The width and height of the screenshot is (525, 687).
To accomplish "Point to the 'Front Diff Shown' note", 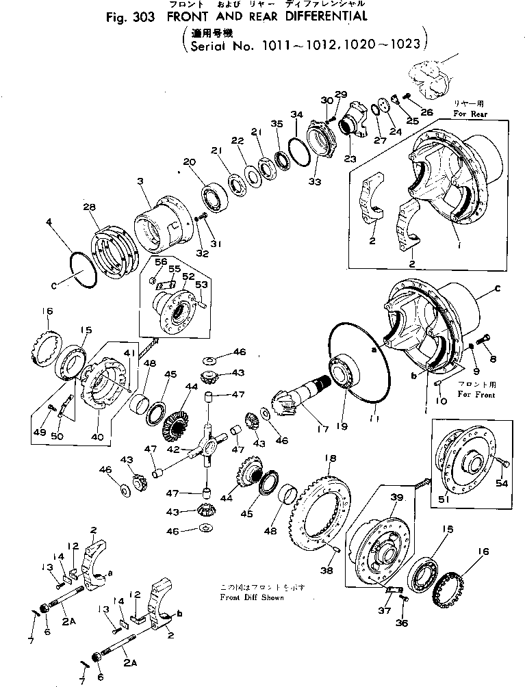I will [253, 597].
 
